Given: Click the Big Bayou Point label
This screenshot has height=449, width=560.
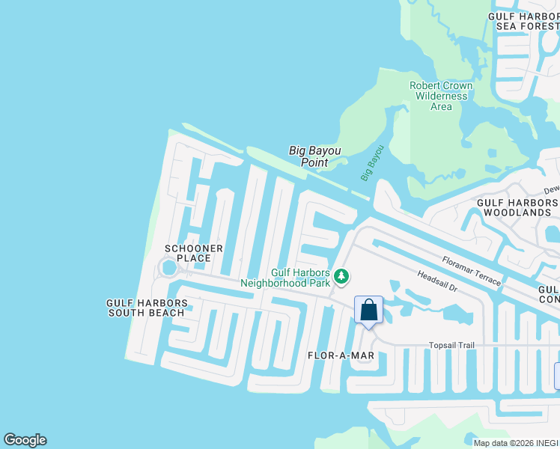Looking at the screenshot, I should pyautogui.click(x=314, y=156).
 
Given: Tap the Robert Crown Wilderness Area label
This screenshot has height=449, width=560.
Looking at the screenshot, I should pyautogui.click(x=441, y=96).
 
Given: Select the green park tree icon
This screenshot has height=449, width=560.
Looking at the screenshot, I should pyautogui.click(x=341, y=277).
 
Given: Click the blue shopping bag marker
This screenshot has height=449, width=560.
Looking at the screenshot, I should pyautogui.click(x=368, y=310).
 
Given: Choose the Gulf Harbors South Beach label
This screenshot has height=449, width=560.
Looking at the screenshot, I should pyautogui.click(x=147, y=308).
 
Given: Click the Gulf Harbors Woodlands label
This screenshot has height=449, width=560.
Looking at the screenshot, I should pyautogui.click(x=517, y=207).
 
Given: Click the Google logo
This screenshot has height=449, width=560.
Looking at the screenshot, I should pyautogui.click(x=25, y=440).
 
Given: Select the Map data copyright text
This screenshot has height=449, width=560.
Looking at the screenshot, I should pyautogui.click(x=515, y=443).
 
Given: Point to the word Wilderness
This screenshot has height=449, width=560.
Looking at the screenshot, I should pyautogui.click(x=441, y=96).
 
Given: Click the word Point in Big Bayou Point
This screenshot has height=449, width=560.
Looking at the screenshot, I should pyautogui.click(x=314, y=162).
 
